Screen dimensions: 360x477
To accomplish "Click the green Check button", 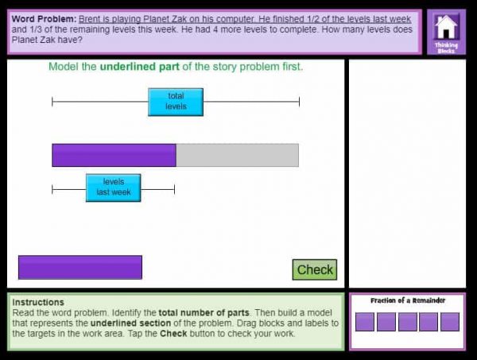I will click(x=314, y=269).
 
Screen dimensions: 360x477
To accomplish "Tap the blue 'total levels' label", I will click(x=176, y=102).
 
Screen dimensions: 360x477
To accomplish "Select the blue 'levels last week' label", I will click(x=113, y=188).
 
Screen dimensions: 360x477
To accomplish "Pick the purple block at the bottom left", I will click(x=79, y=267).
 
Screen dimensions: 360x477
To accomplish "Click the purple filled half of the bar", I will click(x=114, y=155).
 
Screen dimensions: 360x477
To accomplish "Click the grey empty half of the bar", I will click(x=237, y=155).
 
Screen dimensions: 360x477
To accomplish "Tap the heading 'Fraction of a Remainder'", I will click(x=407, y=300).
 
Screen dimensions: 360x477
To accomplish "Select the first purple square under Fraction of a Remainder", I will click(x=365, y=322).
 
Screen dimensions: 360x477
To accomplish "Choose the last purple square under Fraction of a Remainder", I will click(x=450, y=322).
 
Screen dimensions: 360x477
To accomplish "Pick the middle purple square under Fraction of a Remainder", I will click(x=407, y=322).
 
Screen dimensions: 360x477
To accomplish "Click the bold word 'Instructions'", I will click(x=38, y=303).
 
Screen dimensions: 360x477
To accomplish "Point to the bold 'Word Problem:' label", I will click(x=44, y=17).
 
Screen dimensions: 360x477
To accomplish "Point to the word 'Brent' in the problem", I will click(x=91, y=17).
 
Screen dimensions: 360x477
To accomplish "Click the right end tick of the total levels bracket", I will click(x=299, y=102).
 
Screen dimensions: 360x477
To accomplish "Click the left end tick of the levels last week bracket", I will click(x=52, y=189).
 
